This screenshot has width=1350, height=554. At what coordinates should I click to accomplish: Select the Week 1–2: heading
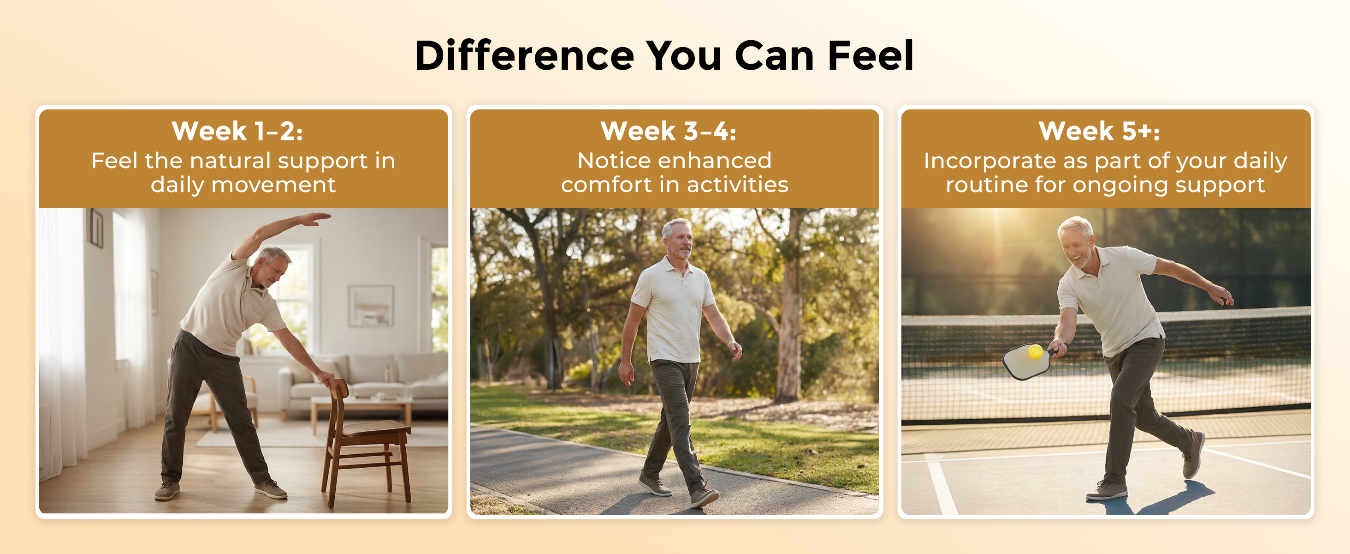click(237, 131)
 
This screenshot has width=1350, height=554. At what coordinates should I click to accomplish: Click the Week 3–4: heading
click(668, 131)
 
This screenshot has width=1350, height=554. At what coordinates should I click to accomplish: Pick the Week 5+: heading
click(1100, 131)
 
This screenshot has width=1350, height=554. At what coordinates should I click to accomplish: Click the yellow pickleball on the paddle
click(1035, 351)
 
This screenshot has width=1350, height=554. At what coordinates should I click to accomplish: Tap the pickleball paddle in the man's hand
click(1030, 361)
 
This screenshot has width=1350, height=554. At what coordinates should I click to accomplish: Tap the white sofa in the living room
click(361, 383)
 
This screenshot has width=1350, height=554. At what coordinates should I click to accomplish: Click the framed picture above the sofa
click(371, 306)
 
